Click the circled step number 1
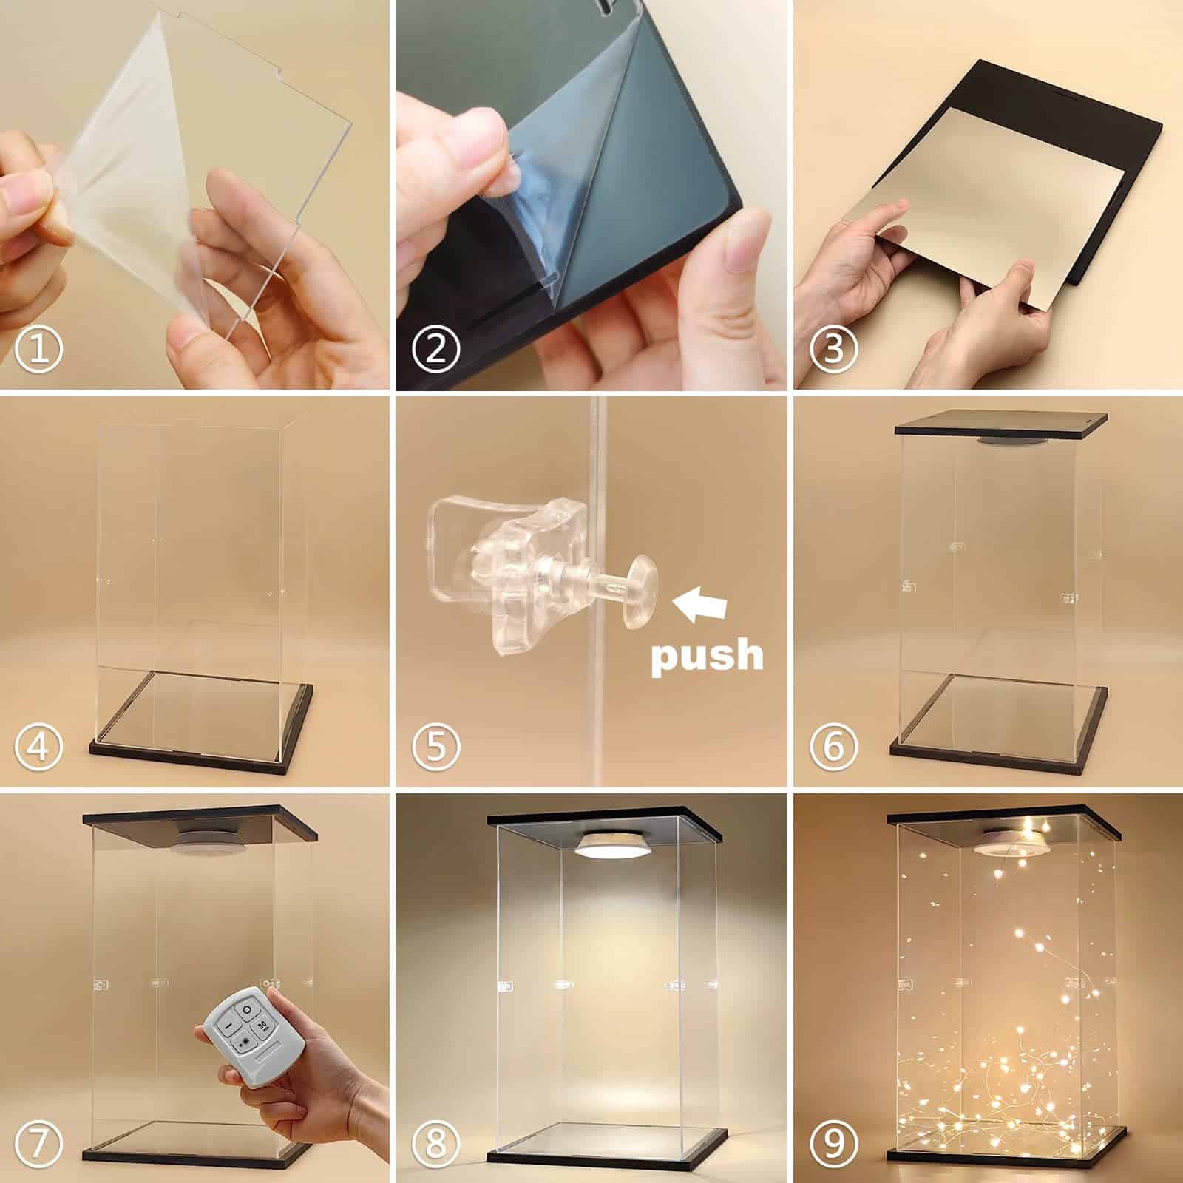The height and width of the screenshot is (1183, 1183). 40,348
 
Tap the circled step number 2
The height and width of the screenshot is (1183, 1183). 436,348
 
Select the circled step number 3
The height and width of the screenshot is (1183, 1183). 833,348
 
